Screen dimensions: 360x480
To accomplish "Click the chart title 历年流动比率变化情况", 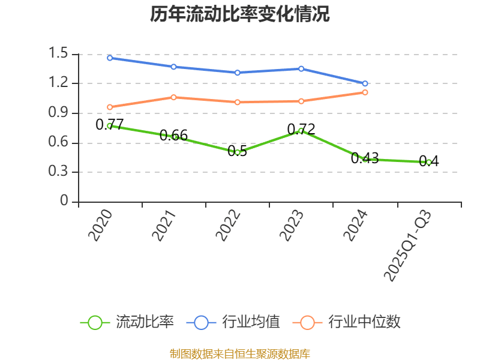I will click(x=239, y=14).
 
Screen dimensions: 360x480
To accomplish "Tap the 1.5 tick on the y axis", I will click(x=60, y=54).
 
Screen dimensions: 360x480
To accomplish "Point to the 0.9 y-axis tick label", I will click(x=60, y=113).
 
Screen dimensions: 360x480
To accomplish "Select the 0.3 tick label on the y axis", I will click(x=60, y=172).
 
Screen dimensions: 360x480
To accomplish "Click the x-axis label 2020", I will click(x=101, y=226).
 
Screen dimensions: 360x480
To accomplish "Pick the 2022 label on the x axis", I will click(x=229, y=226).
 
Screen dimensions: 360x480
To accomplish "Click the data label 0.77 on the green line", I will click(x=110, y=125).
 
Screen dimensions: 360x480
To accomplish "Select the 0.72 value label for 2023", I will click(x=301, y=129).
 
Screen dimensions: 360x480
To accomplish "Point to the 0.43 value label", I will click(x=365, y=158).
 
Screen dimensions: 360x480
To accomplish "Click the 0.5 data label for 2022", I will click(x=238, y=151).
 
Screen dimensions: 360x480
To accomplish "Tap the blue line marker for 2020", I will click(x=110, y=58).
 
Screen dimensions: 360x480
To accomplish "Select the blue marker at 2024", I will click(x=365, y=83).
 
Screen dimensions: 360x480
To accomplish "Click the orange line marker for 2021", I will click(x=173, y=97).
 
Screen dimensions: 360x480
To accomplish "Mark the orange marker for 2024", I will click(x=365, y=92).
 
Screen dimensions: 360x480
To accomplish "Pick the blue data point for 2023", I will click(x=301, y=69).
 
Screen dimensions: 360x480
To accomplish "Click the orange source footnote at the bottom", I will click(x=239, y=353).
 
